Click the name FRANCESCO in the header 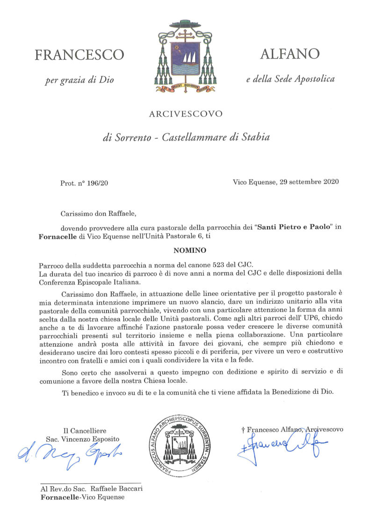(79, 55)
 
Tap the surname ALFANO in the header (290, 54)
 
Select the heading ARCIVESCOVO (186, 114)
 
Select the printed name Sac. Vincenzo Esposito (83, 439)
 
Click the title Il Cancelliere (85, 430)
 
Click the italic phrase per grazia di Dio (79, 80)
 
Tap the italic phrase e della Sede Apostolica (290, 79)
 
